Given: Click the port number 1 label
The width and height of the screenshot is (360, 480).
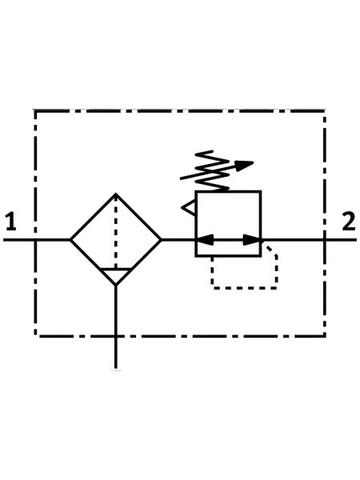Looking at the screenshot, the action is click(11, 221).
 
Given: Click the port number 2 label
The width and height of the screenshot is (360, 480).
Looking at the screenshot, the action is click(349, 221).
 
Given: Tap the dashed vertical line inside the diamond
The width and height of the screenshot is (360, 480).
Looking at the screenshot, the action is click(116, 232).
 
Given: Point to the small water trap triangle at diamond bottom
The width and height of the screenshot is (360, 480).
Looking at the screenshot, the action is click(116, 277).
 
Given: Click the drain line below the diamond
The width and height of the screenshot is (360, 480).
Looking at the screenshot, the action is click(116, 327).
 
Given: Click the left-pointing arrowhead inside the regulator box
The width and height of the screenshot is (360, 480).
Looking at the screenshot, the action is click(205, 240).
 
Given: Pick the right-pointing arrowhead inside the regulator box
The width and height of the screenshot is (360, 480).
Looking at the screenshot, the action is click(252, 240).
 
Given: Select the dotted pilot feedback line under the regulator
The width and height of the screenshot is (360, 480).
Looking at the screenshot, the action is click(245, 288).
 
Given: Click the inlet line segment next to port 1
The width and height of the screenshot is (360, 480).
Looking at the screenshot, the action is click(37, 240).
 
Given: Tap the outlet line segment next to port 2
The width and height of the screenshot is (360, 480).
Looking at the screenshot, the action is click(309, 240).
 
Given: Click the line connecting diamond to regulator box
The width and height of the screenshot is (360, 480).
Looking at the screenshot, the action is click(178, 240).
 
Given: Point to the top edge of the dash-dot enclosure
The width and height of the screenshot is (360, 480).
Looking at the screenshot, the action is click(180, 111).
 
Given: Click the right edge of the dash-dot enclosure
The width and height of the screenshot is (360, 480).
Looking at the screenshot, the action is click(324, 223).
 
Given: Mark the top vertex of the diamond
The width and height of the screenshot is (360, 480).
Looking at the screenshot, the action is click(116, 194).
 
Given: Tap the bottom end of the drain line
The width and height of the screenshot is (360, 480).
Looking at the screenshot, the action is click(116, 368).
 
